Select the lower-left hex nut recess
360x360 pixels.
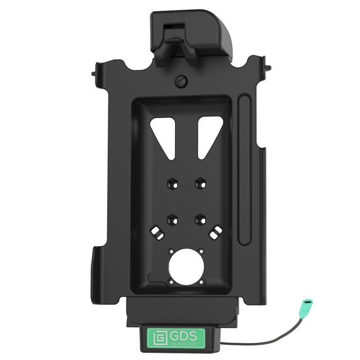(x=172, y=220)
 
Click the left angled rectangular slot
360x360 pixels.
(x=157, y=234)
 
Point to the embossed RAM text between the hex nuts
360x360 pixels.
(x=185, y=198)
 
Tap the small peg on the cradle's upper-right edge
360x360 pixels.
(x=270, y=68)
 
